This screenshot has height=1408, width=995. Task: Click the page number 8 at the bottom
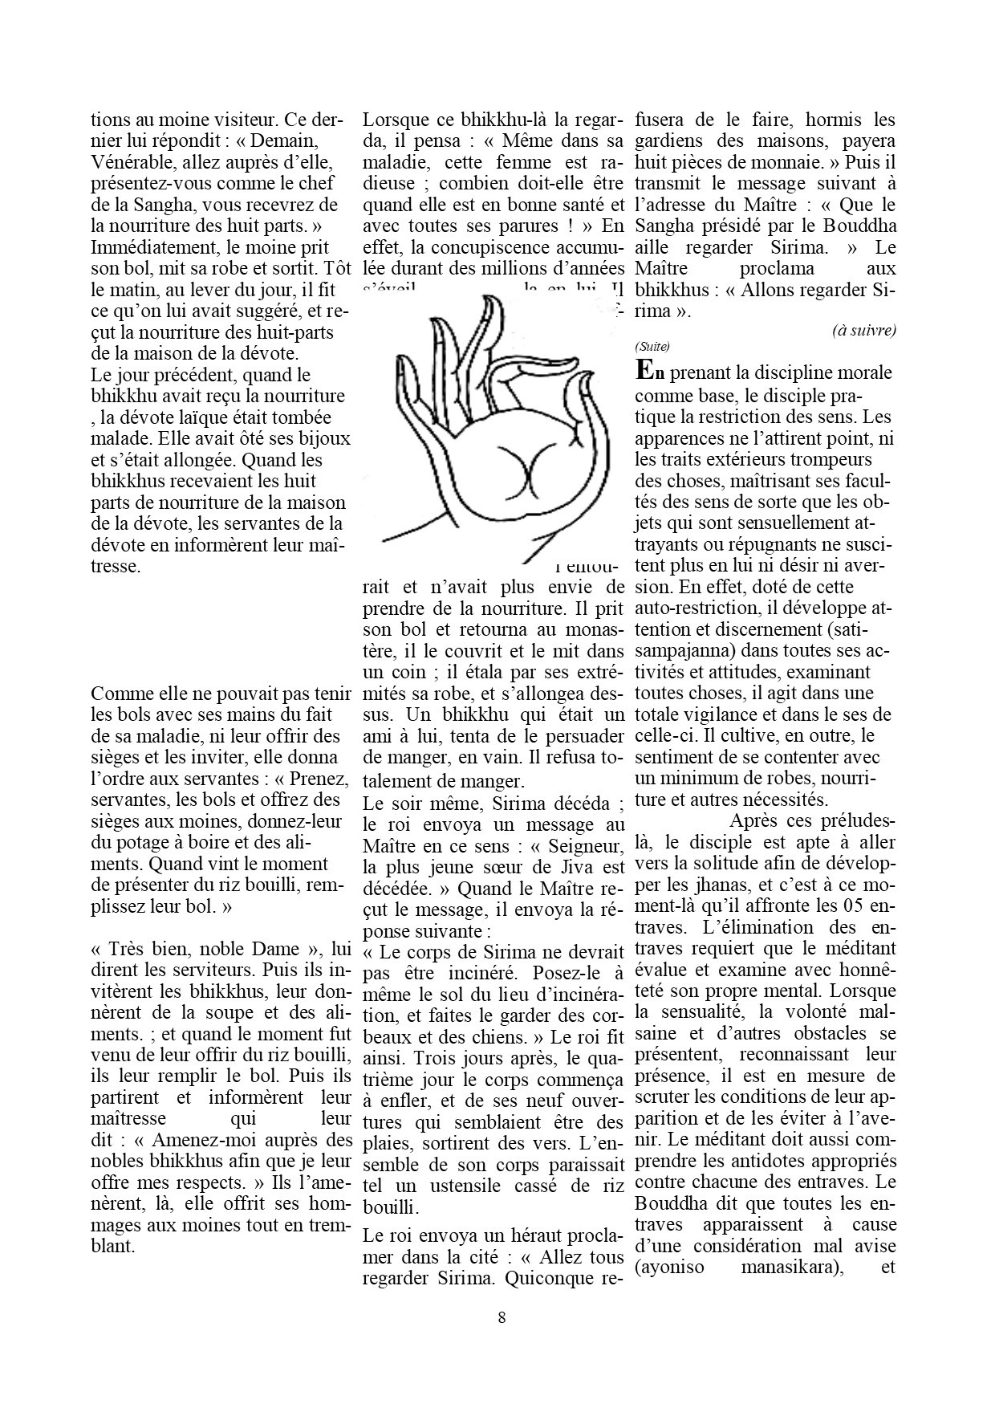click(502, 1316)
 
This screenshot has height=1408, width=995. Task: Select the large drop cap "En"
click(650, 372)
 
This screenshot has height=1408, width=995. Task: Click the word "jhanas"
click(696, 885)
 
